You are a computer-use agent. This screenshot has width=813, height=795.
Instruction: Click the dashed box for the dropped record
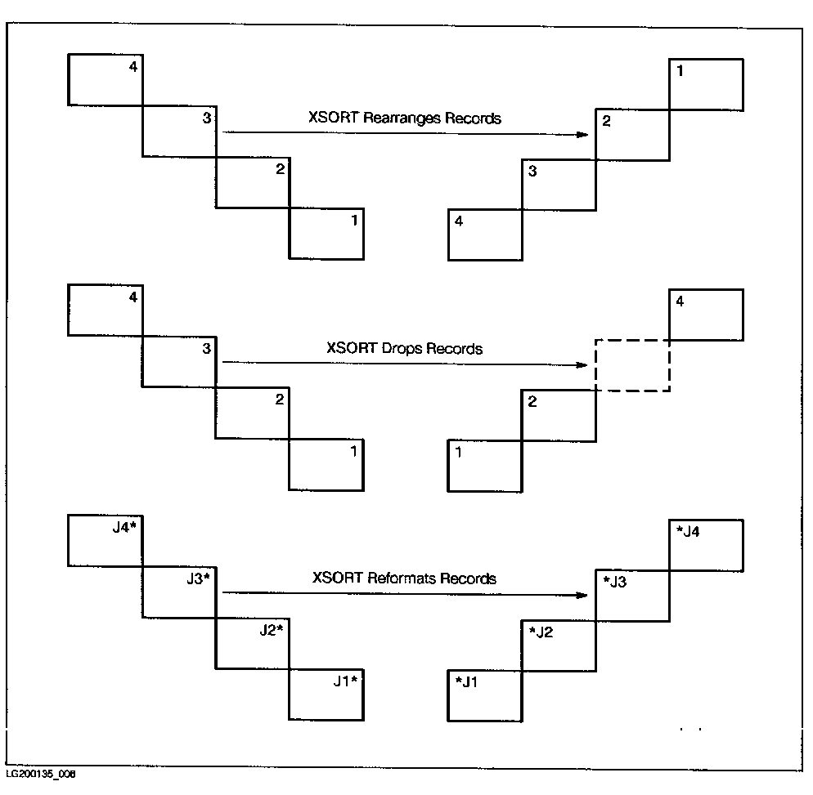(x=632, y=364)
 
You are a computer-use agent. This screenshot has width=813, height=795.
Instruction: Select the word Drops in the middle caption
(x=400, y=349)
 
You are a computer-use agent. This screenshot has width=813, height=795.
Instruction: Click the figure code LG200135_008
(x=40, y=774)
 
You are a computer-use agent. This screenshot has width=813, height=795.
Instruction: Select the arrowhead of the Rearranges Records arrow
(x=584, y=133)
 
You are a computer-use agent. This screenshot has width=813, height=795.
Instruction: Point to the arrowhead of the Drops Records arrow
(x=584, y=364)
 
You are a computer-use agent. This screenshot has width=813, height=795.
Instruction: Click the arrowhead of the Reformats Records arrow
(x=584, y=594)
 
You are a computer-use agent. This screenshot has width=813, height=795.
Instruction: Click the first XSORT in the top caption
(x=328, y=118)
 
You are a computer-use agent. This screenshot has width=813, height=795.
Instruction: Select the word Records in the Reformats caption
(x=468, y=578)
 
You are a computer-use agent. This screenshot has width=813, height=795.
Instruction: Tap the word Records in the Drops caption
(x=455, y=349)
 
